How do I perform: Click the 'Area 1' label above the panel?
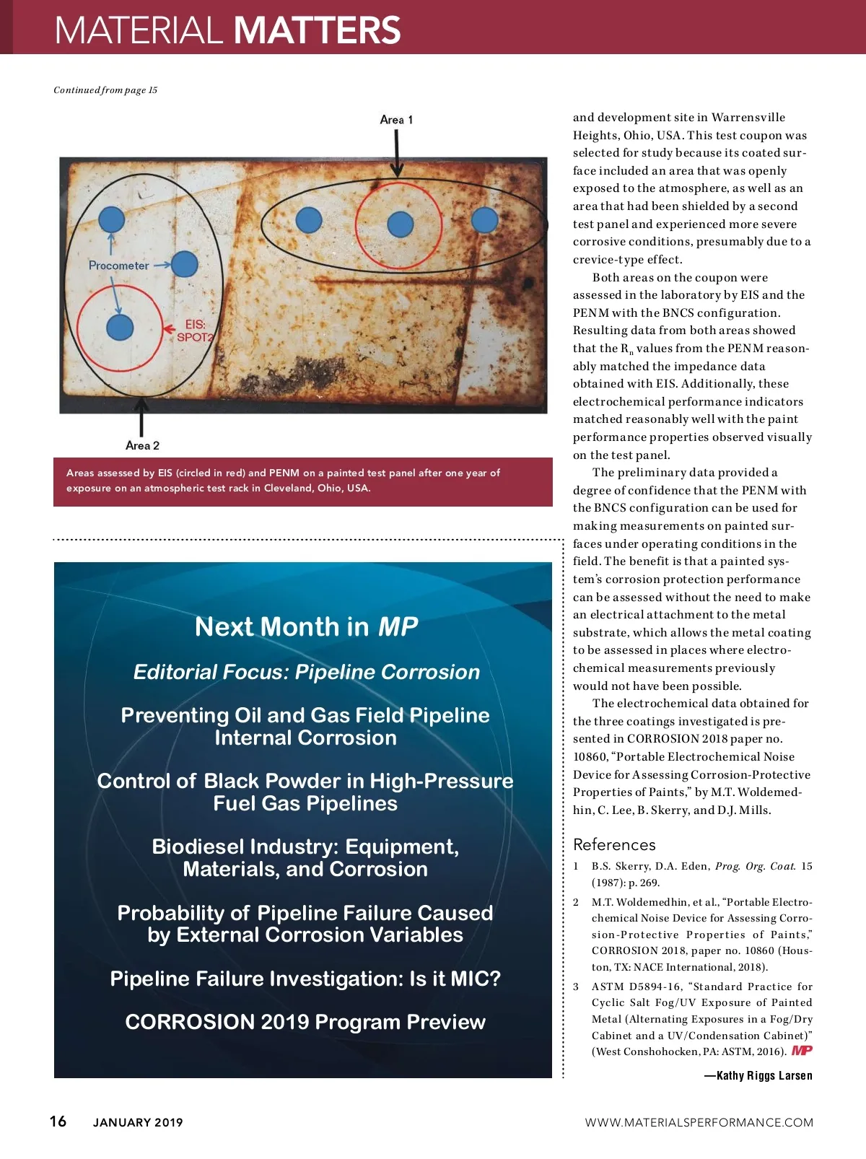[396, 120]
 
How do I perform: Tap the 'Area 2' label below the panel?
[142, 445]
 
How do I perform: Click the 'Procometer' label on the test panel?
[118, 266]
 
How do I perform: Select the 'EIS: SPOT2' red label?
[196, 331]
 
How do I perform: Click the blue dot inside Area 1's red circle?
[400, 224]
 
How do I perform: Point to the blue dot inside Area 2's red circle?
[120, 328]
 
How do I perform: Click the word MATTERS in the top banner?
[317, 30]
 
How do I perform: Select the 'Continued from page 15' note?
[105, 90]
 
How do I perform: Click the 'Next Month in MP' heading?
[306, 626]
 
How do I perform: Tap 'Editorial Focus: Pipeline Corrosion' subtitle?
[306, 672]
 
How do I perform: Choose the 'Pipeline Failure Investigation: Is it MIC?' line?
[305, 979]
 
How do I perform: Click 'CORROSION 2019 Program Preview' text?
[305, 1022]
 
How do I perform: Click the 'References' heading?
[614, 844]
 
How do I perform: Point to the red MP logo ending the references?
[802, 1051]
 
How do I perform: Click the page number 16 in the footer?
[58, 1121]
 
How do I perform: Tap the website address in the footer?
[699, 1122]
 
